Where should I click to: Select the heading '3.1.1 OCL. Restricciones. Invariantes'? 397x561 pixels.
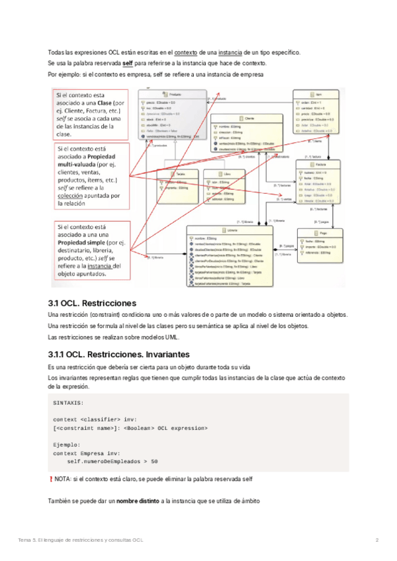[119, 354]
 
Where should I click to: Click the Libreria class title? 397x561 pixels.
[232, 230]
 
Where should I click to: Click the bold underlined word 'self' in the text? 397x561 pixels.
[128, 64]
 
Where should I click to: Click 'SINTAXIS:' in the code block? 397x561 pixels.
[67, 402]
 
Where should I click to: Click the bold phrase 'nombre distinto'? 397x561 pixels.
[137, 501]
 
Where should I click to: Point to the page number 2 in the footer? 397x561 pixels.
[376, 541]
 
